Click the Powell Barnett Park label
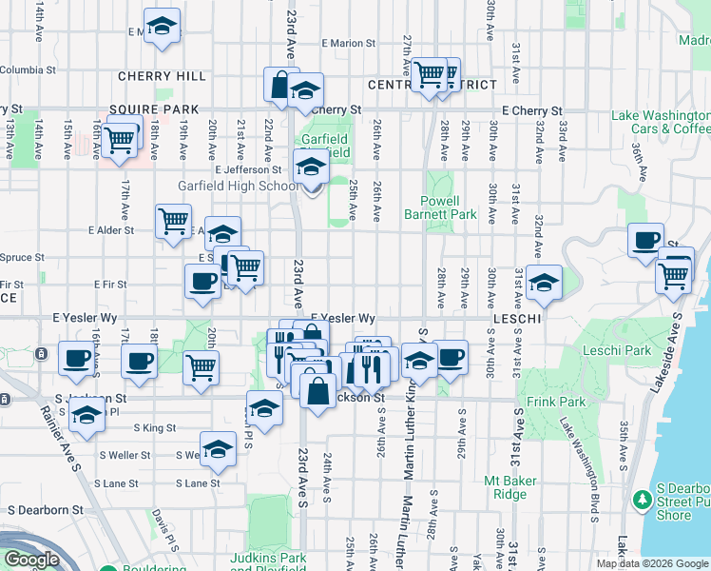tap(448, 207)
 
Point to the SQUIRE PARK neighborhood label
tap(153, 109)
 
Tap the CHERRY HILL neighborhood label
tap(161, 76)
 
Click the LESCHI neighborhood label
tap(517, 319)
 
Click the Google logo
tap(32, 560)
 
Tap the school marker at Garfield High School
tap(309, 167)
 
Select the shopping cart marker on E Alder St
tap(173, 223)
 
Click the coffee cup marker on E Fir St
tap(202, 281)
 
